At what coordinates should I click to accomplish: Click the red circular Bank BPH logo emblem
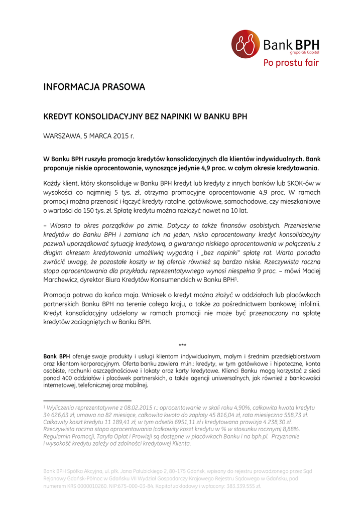(x=246, y=44)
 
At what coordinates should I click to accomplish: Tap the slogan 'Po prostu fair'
(x=291, y=63)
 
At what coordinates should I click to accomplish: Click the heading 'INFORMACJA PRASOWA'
(x=94, y=87)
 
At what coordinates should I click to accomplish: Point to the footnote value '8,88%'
(x=290, y=429)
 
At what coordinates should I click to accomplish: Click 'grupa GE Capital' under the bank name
(x=304, y=52)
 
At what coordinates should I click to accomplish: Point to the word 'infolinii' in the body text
(x=307, y=304)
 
